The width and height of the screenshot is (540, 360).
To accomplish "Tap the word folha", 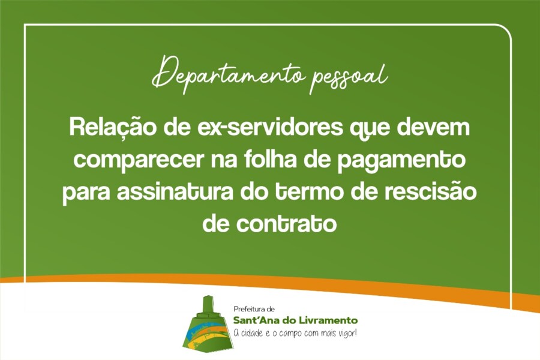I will [290, 161].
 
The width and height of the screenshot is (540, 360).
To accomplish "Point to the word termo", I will [315, 193].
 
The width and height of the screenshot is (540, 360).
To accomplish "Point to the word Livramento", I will [331, 320].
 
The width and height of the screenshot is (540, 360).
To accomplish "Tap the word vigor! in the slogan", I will [346, 334].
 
